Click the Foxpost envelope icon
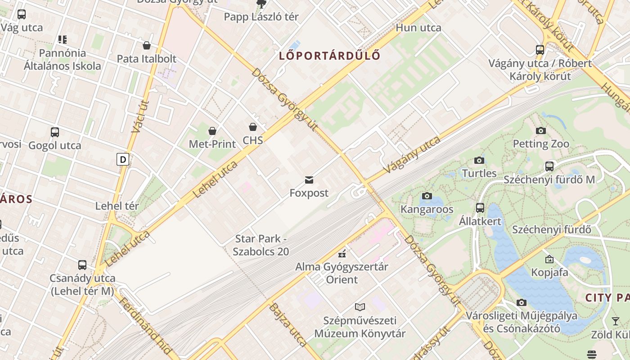point(309,180)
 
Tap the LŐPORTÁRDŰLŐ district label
point(329,56)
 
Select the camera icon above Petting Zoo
point(540,131)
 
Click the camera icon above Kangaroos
point(427,196)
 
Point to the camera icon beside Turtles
point(479,161)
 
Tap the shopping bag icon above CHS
point(253,127)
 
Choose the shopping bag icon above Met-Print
point(212,131)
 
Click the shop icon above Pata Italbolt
point(146,45)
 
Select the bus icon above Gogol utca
point(54,132)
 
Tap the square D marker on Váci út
point(122,159)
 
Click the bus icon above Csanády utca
point(82,265)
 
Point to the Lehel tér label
point(117,206)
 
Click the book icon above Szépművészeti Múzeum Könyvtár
point(360,307)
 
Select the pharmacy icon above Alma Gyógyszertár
point(342,253)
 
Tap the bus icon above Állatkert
point(480,208)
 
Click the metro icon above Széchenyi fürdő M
point(549,166)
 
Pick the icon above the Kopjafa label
point(549,259)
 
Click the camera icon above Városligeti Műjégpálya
point(521,302)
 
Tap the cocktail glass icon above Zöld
point(615,321)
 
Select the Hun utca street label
point(418,28)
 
